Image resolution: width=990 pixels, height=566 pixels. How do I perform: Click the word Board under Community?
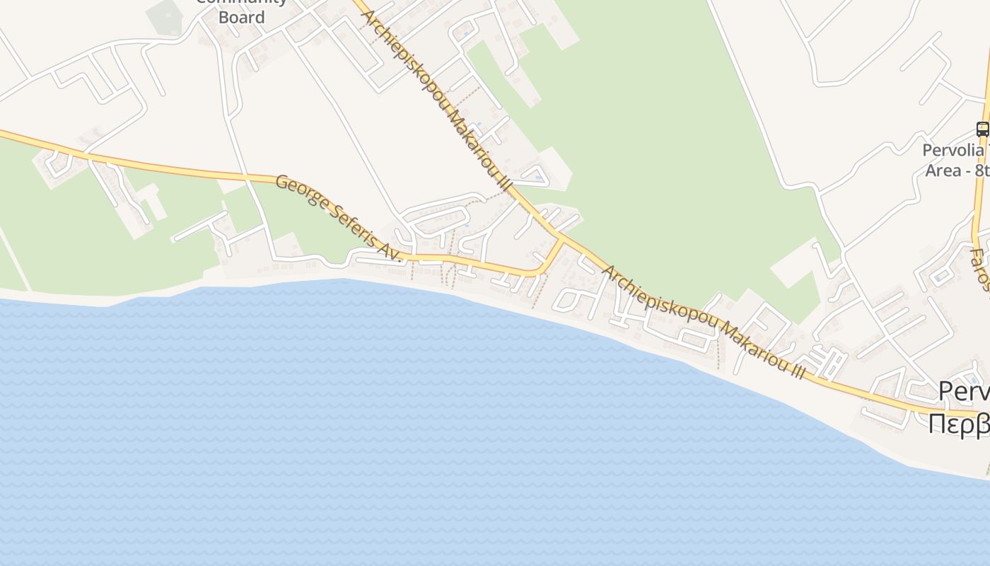pos(241,17)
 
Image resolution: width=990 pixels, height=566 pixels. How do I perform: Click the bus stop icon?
pos(982,129)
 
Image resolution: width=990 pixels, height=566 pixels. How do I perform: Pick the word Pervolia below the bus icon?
pos(953,150)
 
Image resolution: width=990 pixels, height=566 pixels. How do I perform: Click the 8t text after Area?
pos(982,171)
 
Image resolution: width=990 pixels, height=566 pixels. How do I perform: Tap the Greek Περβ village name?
pos(958,424)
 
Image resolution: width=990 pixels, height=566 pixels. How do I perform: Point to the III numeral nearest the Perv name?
pos(798,371)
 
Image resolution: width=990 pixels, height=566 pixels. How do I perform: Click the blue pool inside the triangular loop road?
pos(537,177)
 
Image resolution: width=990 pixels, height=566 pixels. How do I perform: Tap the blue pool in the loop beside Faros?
pos(938,278)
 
